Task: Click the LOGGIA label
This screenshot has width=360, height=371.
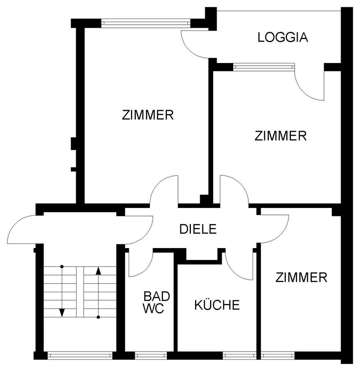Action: (x=283, y=37)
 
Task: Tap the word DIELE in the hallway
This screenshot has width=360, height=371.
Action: (x=198, y=229)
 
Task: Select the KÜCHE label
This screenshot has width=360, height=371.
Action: (x=217, y=305)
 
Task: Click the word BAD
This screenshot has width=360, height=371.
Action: (x=157, y=296)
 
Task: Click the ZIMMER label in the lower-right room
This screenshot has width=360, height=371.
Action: (x=301, y=277)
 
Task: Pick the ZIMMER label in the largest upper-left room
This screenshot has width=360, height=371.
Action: (x=148, y=115)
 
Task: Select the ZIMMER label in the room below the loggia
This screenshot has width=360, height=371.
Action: (x=280, y=136)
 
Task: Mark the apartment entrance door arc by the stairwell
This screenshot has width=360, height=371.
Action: (x=23, y=229)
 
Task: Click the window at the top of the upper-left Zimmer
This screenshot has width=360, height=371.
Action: (x=146, y=23)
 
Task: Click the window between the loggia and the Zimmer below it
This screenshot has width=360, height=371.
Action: (x=264, y=67)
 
